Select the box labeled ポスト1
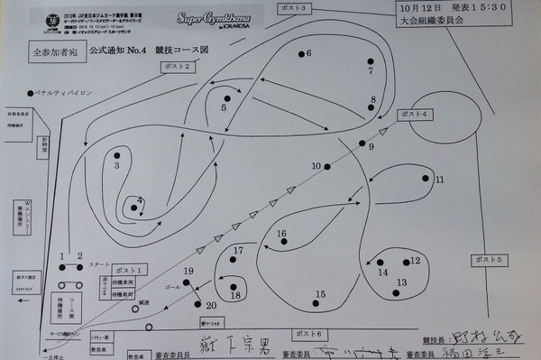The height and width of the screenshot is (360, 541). tap(133, 269)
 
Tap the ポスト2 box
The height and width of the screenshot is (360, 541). tap(179, 66)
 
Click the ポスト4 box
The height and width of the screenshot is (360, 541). tap(416, 114)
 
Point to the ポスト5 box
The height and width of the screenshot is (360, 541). tap(487, 259)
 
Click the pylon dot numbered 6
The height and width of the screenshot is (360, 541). tap(299, 55)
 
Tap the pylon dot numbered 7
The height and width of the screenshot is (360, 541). tap(370, 60)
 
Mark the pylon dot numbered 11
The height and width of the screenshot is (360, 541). tap(426, 179)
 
